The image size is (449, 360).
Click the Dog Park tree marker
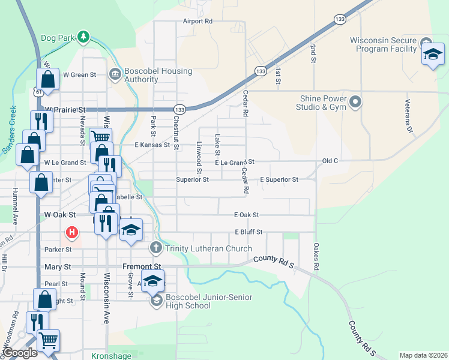83,37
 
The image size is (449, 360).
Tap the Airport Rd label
198,21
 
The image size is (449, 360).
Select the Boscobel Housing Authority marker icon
115,74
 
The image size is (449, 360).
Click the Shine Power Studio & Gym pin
355,102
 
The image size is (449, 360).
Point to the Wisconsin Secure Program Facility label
383,45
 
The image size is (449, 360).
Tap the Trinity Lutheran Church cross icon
156,248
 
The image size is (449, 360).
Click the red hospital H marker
72,232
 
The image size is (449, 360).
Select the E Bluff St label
249,232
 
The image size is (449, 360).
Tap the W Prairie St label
65,110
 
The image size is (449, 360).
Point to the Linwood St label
198,155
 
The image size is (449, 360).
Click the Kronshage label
111,356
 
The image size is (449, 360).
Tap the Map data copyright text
423,355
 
